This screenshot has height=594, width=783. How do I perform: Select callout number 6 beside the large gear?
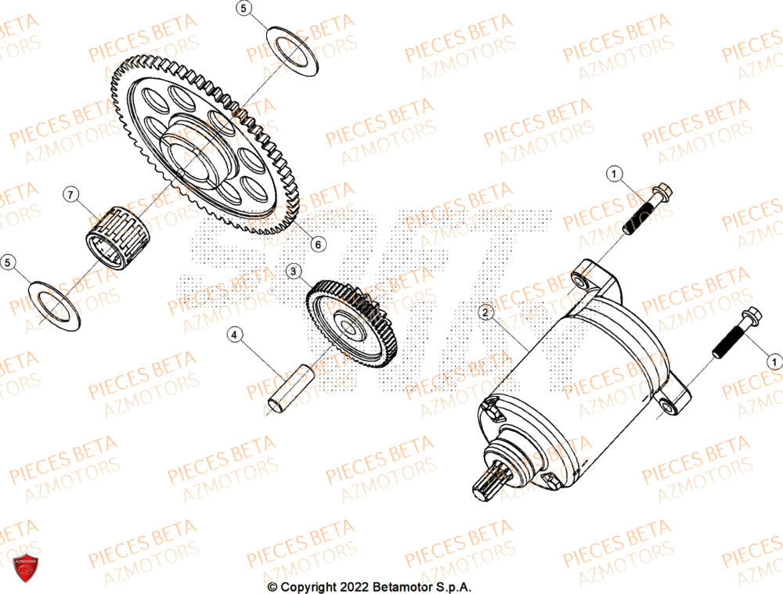(317, 244)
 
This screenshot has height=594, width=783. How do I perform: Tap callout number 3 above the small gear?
(294, 272)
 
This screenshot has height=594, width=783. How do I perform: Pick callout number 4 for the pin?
(233, 336)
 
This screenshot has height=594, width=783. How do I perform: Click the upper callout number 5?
(244, 9)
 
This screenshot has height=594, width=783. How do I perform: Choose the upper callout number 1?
(615, 173)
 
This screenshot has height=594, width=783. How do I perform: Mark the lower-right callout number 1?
(773, 361)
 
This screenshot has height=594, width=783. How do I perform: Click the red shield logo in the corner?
(27, 569)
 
